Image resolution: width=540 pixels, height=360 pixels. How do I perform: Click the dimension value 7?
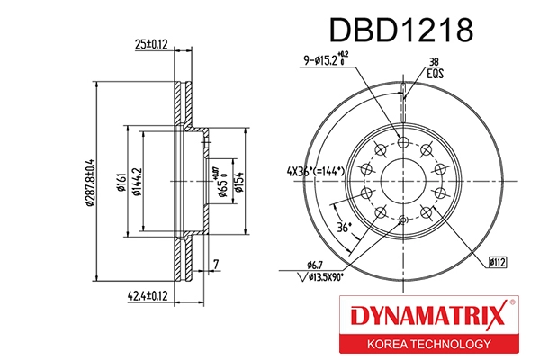pos(216,264)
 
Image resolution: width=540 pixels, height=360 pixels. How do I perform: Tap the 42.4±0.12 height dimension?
pos(148,293)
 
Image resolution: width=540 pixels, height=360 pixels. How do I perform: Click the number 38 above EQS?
pos(434,62)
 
